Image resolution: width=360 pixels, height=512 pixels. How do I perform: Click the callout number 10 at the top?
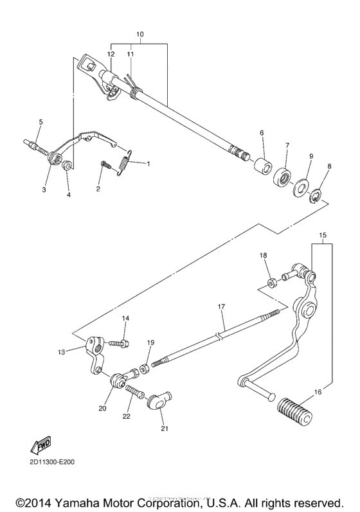[x=140, y=33]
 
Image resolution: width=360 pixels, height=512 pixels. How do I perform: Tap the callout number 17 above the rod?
[x=221, y=307]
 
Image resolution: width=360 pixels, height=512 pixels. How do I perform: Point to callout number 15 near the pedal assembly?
[x=322, y=235]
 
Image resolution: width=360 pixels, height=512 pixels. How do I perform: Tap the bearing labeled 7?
[x=282, y=178]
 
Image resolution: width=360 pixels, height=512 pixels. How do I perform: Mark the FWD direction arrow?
[x=40, y=446]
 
